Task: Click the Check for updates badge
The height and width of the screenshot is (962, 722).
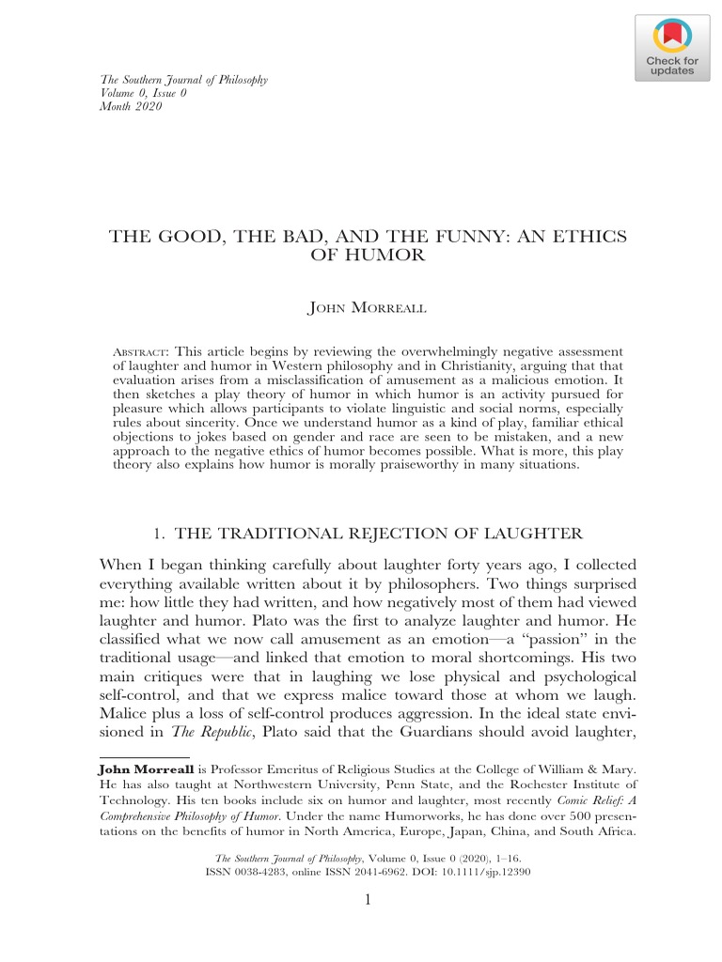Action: [669, 46]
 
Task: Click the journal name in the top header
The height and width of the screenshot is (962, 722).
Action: [183, 80]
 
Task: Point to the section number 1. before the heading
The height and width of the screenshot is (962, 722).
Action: [159, 534]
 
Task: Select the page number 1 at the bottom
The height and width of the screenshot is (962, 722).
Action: [369, 901]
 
